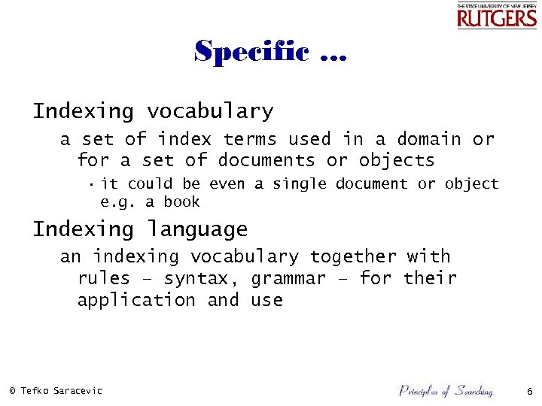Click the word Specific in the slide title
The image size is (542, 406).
click(x=251, y=52)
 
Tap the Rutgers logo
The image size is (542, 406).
click(x=497, y=16)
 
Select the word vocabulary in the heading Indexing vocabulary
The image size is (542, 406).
click(x=210, y=112)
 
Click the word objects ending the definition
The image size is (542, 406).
click(x=397, y=160)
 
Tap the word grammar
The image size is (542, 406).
click(x=289, y=278)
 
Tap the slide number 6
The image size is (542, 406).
click(x=529, y=391)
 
